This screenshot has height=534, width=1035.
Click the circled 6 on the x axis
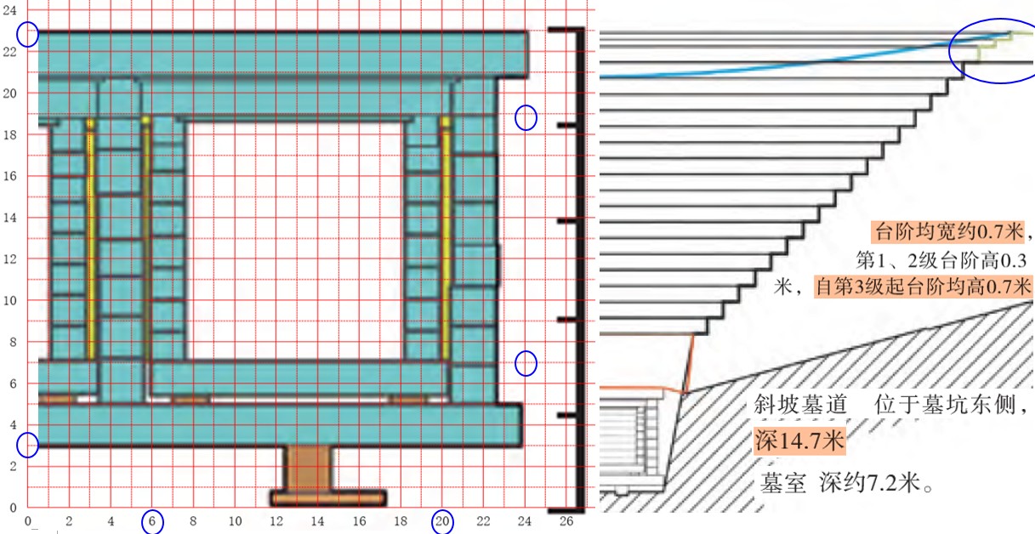click(152, 521)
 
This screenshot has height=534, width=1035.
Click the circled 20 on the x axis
click(442, 521)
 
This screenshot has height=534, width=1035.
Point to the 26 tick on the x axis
click(566, 521)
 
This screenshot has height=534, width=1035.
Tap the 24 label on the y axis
click(9, 10)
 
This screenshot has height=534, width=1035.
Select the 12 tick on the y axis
click(9, 259)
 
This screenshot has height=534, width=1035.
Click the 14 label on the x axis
click(317, 521)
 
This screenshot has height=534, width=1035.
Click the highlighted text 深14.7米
click(799, 440)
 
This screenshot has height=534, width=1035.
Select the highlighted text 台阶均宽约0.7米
click(948, 231)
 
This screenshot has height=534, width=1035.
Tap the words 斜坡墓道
click(800, 405)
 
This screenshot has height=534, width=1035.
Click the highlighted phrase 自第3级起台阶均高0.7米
click(923, 287)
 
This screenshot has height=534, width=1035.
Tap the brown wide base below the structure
click(328, 498)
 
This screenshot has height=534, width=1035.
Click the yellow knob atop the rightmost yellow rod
click(446, 122)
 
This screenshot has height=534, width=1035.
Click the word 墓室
click(783, 484)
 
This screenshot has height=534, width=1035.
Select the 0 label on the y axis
click(13, 508)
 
